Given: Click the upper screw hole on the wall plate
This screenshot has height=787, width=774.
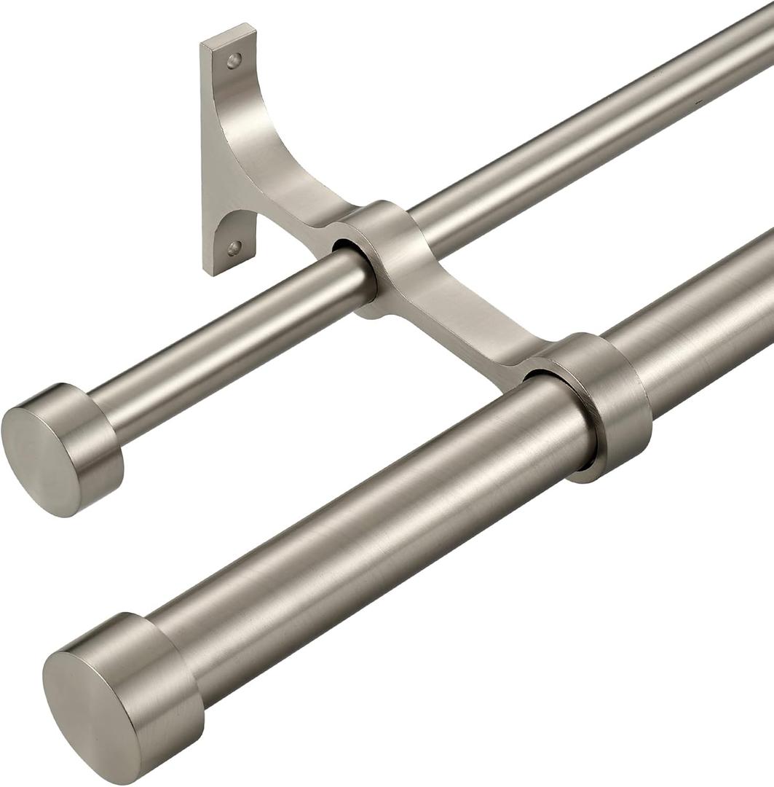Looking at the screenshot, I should (234, 60).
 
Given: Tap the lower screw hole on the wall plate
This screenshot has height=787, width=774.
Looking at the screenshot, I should (234, 248).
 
